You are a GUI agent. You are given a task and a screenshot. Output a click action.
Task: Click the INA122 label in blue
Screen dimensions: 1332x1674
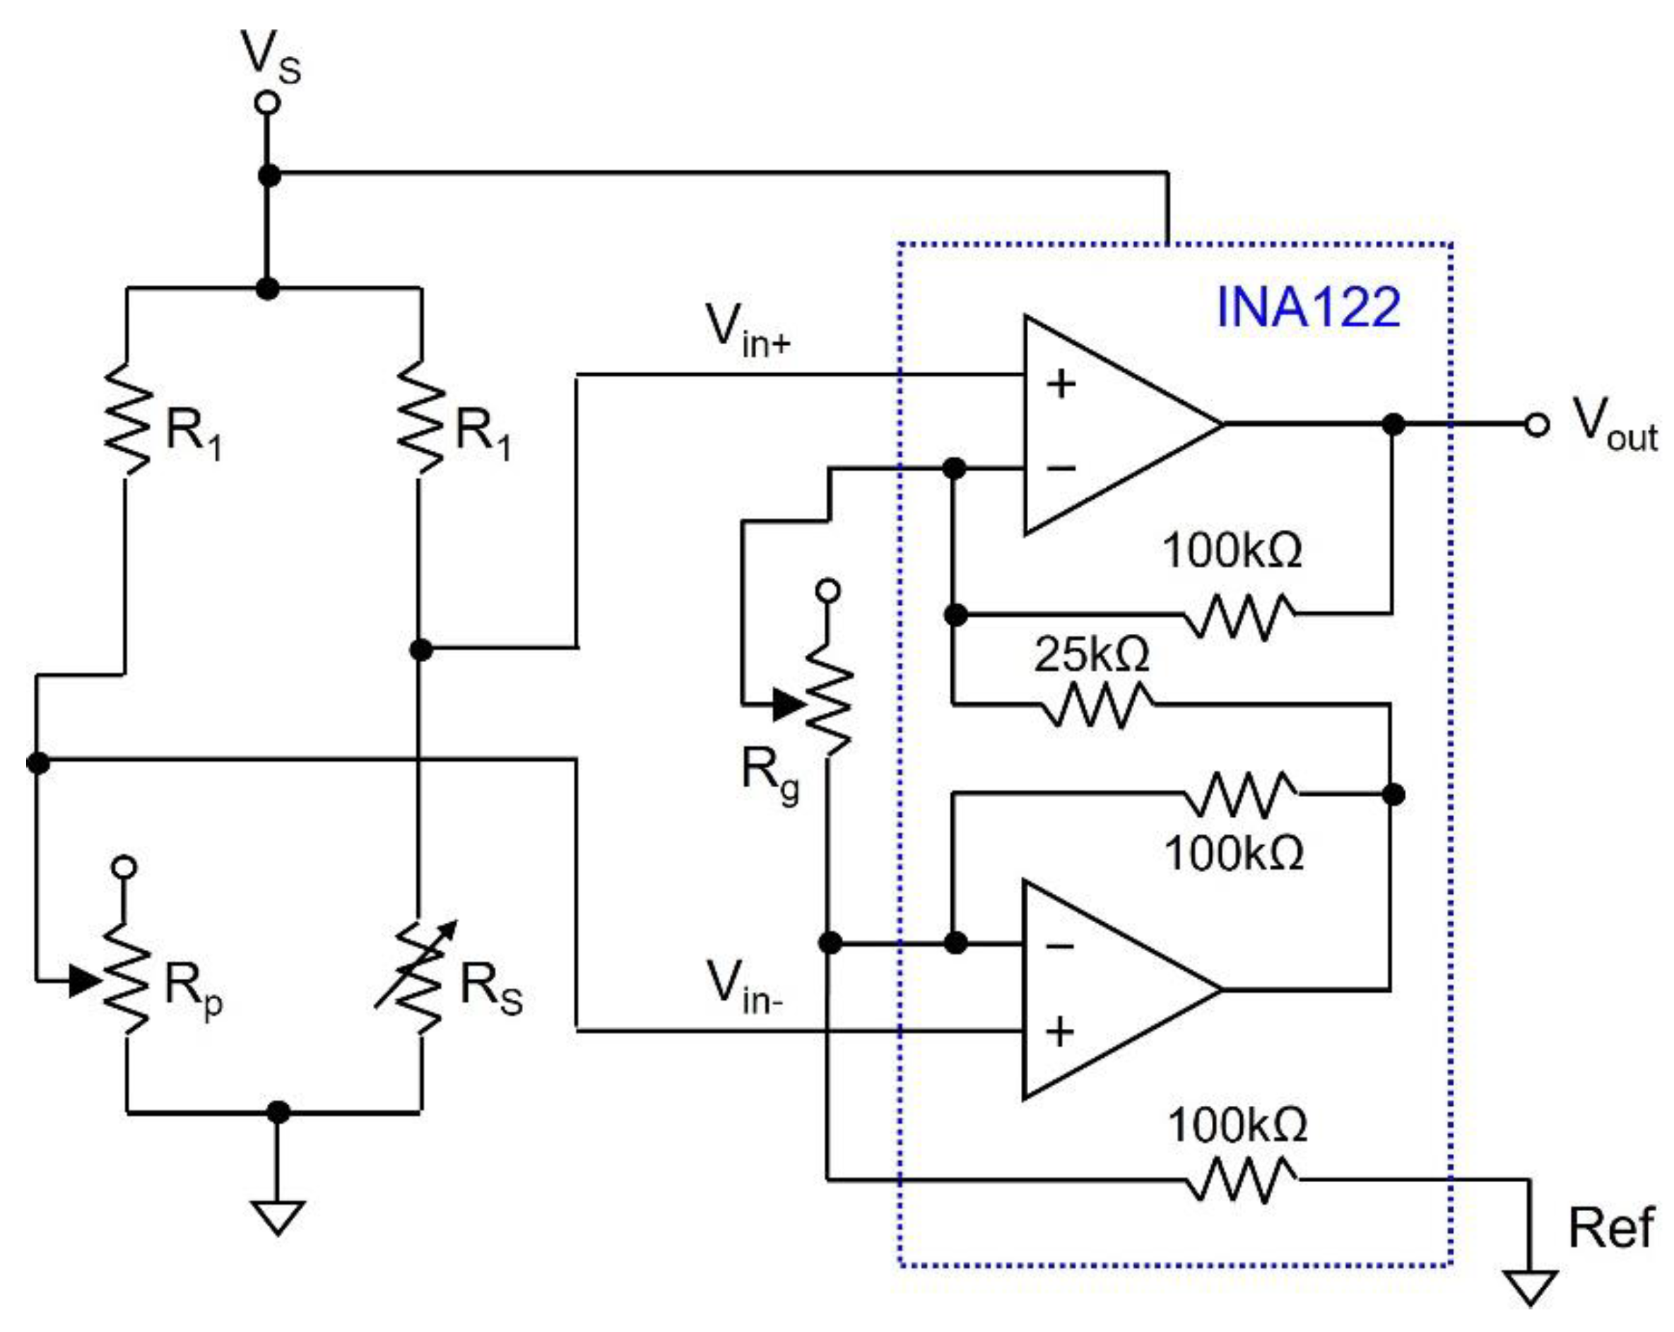point(1307,307)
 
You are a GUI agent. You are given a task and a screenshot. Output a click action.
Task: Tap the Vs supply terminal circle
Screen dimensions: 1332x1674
point(268,102)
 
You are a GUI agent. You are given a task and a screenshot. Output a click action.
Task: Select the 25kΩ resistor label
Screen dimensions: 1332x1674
point(1091,654)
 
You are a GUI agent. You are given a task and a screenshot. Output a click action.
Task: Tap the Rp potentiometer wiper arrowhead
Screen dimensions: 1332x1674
point(84,981)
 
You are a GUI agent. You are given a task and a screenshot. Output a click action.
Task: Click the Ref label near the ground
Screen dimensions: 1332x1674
point(1610,1229)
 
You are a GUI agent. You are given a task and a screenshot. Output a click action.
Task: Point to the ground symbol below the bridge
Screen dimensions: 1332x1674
point(278,1216)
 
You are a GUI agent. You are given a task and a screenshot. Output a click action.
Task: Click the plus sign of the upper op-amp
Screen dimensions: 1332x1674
point(1061,384)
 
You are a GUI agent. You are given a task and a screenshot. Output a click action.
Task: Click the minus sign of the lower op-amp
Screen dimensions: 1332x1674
point(1060,945)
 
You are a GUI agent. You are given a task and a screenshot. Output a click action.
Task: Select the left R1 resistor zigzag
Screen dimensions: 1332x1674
point(127,419)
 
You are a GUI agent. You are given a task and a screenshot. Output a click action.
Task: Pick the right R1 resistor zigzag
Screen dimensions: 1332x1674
point(420,419)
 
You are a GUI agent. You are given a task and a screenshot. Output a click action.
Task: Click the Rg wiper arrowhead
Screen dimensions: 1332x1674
point(789,705)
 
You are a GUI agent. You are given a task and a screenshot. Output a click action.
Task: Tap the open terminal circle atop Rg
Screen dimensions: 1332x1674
point(828,591)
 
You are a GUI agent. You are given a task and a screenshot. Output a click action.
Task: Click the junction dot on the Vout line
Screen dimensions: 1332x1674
point(1393,425)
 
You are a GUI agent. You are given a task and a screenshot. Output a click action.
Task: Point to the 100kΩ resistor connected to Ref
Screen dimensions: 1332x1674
point(1240,1180)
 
